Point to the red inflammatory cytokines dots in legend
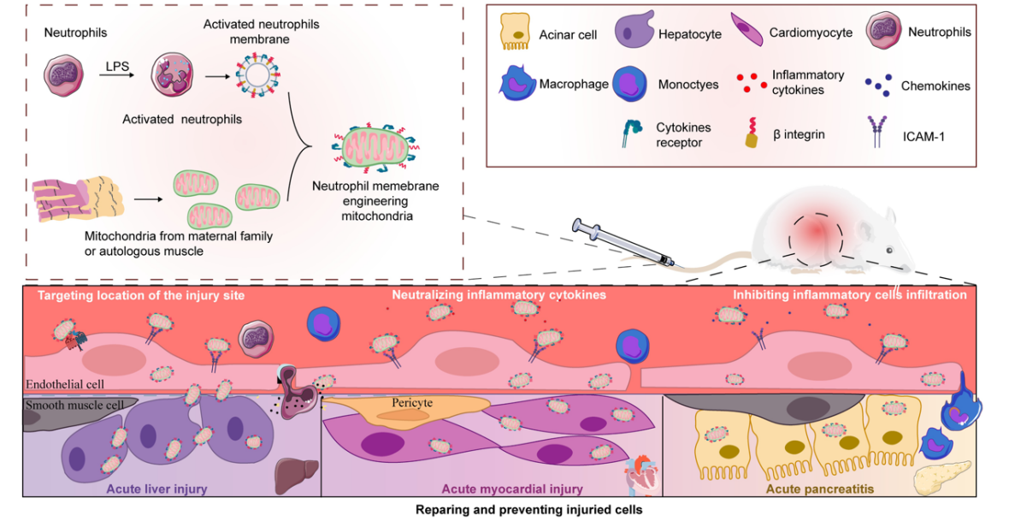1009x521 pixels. pyautogui.click(x=752, y=81)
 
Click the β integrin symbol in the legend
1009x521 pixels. pyautogui.click(x=752, y=133)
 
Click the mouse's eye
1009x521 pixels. pyautogui.click(x=889, y=249)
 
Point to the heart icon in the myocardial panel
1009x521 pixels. pyautogui.click(x=637, y=471)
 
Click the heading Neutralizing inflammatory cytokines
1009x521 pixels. pyautogui.click(x=499, y=295)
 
